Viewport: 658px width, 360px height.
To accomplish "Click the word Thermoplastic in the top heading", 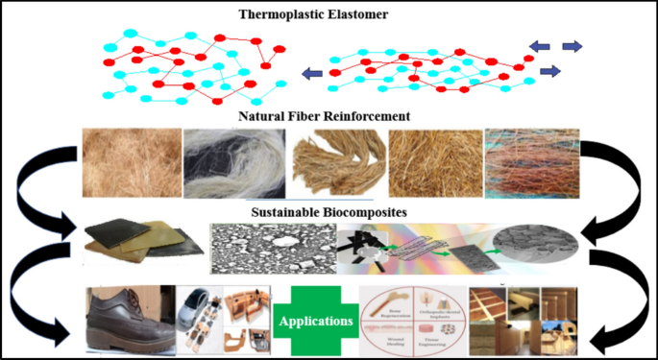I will point(284,15).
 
